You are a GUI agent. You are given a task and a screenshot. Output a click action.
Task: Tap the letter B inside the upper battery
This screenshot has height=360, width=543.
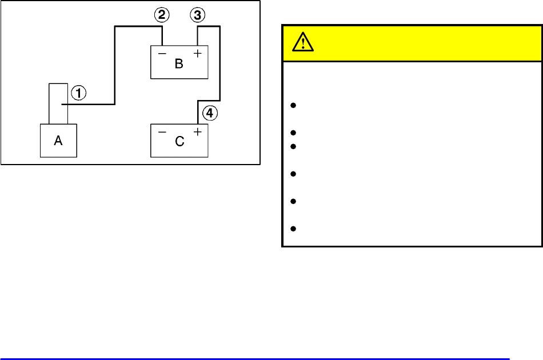179,63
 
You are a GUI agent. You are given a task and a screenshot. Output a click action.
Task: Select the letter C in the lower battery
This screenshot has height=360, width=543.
179,142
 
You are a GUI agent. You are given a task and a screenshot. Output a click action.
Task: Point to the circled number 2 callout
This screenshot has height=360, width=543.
162,15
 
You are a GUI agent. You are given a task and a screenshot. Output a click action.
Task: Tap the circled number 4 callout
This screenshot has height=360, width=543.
210,114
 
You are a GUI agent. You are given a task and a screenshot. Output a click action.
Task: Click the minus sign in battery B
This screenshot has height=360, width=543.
162,54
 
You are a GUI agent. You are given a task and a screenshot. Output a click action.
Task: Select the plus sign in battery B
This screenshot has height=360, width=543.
198,54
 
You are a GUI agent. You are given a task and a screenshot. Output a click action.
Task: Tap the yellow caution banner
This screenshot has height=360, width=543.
412,43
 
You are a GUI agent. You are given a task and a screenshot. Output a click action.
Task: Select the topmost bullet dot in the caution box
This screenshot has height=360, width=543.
293,105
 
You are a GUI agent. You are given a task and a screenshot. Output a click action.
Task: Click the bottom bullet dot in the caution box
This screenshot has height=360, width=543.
293,229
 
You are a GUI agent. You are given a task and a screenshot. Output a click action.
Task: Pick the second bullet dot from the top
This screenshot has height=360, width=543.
293,132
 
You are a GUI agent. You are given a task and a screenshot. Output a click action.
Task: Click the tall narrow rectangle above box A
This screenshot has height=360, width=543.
58,103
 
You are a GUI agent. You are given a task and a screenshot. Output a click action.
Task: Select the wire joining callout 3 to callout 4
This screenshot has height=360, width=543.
220,69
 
